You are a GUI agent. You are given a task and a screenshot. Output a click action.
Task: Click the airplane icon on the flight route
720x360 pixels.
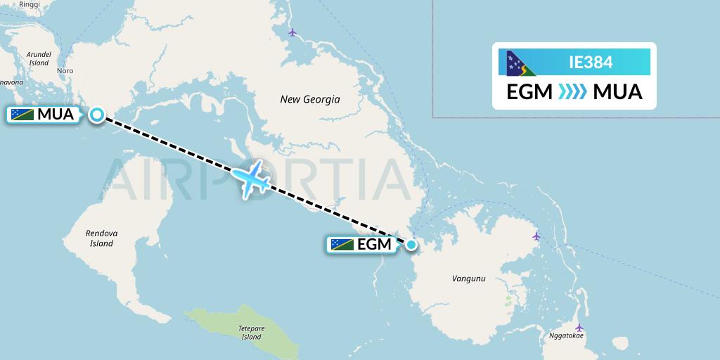pyautogui.click(x=250, y=178)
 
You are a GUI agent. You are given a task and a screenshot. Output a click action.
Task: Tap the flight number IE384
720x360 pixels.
pyautogui.click(x=591, y=63)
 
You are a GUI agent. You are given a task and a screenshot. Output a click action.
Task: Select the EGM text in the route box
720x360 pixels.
pyautogui.click(x=529, y=92)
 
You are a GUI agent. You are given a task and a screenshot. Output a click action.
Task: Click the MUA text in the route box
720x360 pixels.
pyautogui.click(x=617, y=92)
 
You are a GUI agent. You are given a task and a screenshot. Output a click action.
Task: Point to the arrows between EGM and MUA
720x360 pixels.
pyautogui.click(x=572, y=92)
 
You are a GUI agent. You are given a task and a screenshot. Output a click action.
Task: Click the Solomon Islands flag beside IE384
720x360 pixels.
pyautogui.click(x=522, y=63)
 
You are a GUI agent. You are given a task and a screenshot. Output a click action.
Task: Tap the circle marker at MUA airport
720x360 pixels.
pyautogui.click(x=96, y=115)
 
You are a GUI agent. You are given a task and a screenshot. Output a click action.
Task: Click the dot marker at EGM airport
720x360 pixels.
pyautogui.click(x=411, y=245)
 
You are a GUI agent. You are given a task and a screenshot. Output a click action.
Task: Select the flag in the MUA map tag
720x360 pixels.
pyautogui.click(x=22, y=115)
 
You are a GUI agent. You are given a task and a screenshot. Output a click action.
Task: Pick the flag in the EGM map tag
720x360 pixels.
pyautogui.click(x=342, y=245)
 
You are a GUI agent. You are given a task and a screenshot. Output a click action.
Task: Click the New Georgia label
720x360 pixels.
pyautogui.click(x=310, y=99)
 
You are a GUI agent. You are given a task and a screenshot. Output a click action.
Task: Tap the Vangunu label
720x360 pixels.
pyautogui.click(x=468, y=279)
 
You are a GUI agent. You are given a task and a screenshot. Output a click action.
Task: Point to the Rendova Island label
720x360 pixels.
pyautogui.click(x=101, y=238)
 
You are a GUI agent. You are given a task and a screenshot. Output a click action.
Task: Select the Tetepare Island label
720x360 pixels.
pyautogui.click(x=251, y=333)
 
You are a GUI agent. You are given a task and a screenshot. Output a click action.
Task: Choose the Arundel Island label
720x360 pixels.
pyautogui.click(x=39, y=58)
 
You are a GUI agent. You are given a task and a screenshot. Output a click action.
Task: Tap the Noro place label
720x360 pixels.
pyautogui.click(x=65, y=71)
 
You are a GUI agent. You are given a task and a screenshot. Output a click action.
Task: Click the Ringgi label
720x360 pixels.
pyautogui.click(x=30, y=4)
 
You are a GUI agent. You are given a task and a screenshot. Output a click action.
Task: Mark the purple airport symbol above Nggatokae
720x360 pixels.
pyautogui.click(x=579, y=327)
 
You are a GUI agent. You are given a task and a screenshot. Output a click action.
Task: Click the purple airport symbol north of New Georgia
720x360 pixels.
pyautogui.click(x=293, y=32)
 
